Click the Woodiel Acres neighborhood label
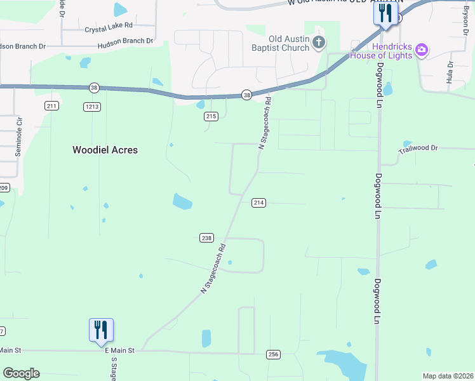105,150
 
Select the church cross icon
319,43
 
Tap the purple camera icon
422,50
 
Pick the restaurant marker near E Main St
101,330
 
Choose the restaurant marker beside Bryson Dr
385,12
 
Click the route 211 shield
52,106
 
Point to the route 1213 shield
91,106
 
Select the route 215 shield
211,116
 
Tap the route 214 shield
258,203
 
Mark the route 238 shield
206,237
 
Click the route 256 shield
273,354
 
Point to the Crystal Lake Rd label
108,28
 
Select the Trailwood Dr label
418,149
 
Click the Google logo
21,373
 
